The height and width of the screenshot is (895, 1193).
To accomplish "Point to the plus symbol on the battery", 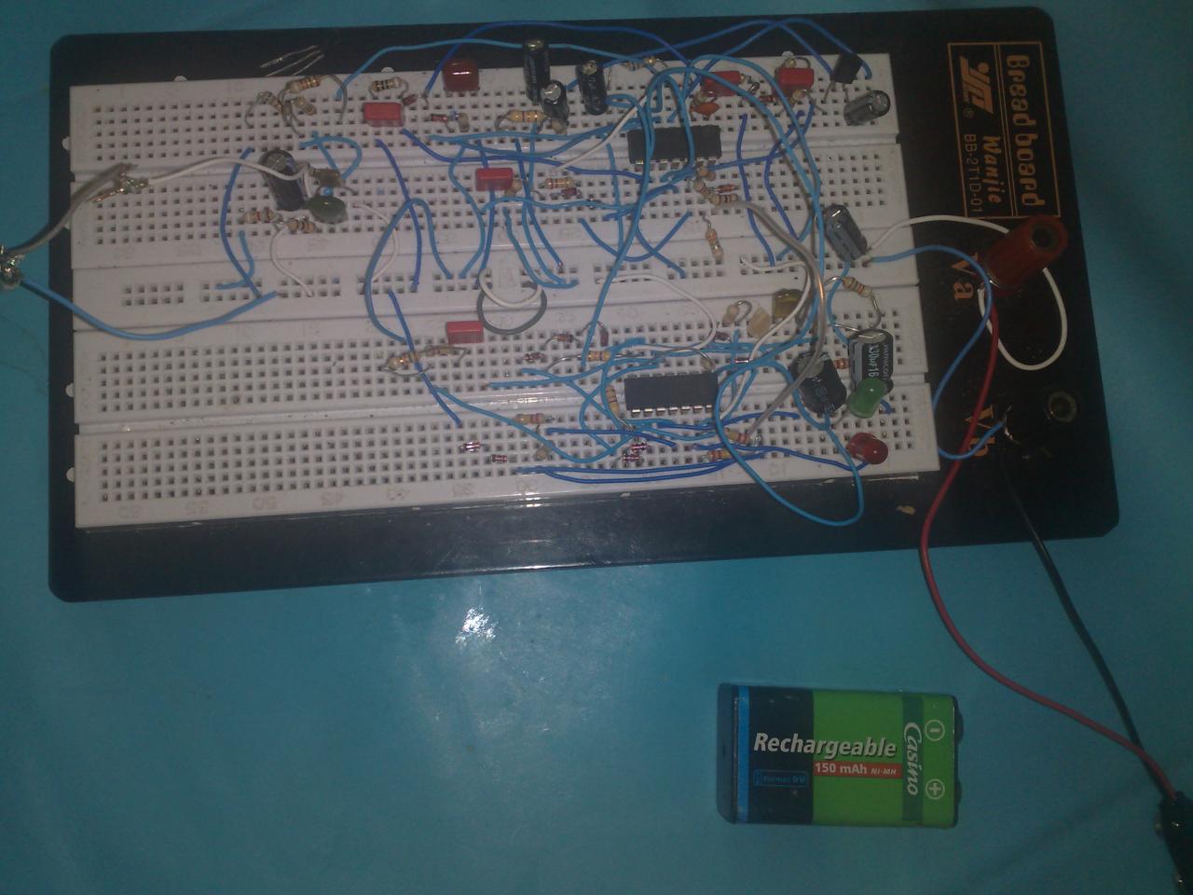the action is [936, 792].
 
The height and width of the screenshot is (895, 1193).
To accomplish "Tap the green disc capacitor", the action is [327, 207].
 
